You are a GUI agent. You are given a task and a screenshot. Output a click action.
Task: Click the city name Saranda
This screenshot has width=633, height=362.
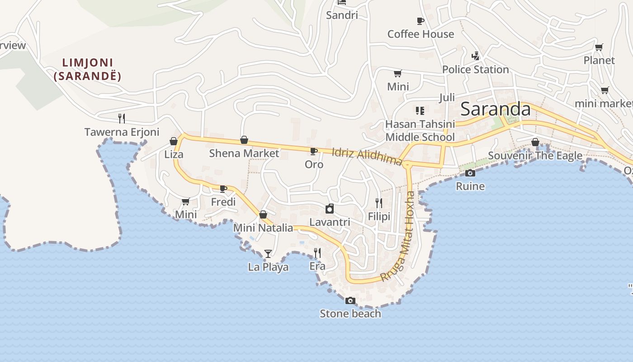(x=496, y=110)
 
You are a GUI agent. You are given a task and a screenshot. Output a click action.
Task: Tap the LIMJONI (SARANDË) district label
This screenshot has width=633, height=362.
(x=87, y=69)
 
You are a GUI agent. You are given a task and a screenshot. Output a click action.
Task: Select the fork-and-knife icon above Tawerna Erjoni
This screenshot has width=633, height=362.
(x=121, y=119)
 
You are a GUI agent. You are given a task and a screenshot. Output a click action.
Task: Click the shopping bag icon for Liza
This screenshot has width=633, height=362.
(x=174, y=141)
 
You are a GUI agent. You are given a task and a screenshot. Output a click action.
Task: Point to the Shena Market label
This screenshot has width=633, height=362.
(x=244, y=153)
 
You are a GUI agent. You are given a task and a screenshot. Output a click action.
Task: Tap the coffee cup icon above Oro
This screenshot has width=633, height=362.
(x=313, y=151)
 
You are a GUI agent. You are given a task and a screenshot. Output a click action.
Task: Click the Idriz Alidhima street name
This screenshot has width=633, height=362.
(x=367, y=157)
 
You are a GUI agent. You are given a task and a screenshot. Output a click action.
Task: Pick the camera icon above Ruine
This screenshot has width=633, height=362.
(x=470, y=173)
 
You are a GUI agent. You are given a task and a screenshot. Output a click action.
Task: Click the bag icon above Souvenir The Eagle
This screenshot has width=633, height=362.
(x=535, y=142)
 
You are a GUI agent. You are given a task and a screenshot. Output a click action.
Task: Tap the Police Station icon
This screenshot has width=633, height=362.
(x=475, y=56)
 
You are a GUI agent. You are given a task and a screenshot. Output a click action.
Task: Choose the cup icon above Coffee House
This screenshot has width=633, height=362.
(x=420, y=21)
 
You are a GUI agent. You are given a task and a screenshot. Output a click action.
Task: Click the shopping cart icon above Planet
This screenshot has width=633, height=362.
(x=599, y=47)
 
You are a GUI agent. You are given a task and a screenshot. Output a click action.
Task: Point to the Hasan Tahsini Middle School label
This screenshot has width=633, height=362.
(x=420, y=130)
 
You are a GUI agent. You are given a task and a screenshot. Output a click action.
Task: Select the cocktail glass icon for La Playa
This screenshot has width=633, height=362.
(x=268, y=253)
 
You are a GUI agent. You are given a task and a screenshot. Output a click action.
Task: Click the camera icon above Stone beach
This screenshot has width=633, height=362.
(x=350, y=300)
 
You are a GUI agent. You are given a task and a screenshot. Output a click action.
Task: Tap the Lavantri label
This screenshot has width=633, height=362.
(x=330, y=222)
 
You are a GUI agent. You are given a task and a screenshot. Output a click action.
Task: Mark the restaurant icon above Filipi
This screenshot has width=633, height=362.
(x=379, y=203)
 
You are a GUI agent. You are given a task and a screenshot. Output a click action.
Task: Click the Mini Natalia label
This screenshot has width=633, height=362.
(x=263, y=228)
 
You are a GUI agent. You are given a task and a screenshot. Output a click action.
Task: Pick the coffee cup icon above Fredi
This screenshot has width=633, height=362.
(x=223, y=189)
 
